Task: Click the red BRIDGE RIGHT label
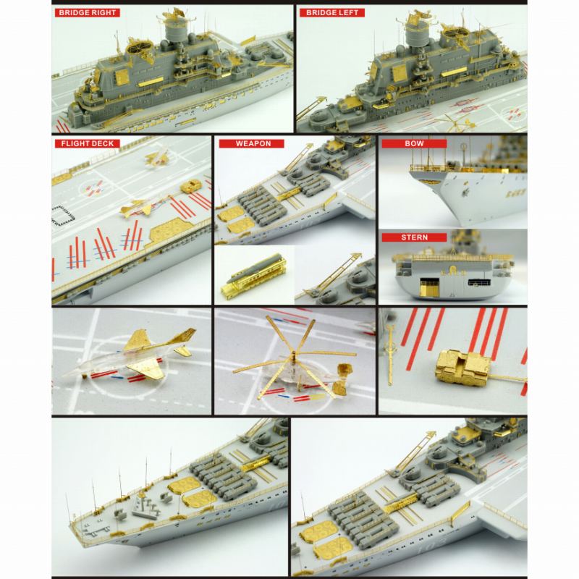click(88, 12)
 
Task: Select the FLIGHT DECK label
click(85, 143)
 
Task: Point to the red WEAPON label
click(253, 143)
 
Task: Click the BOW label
click(415, 143)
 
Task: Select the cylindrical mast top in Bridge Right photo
click(176, 30)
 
